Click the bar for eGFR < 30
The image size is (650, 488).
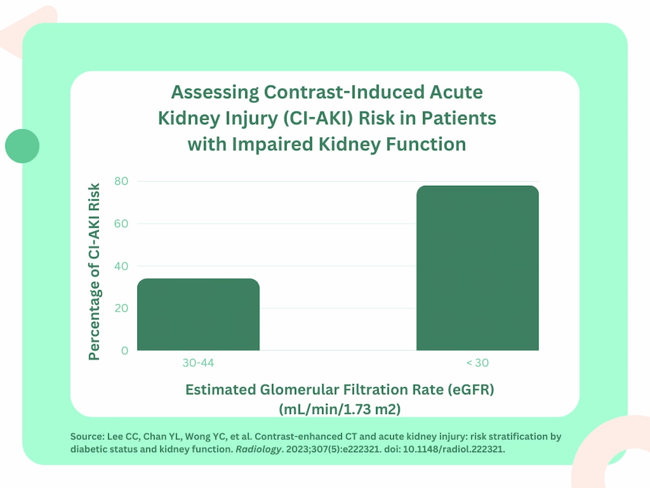[x=477, y=268]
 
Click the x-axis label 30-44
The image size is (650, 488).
[x=198, y=363]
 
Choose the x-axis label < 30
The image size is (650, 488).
[x=477, y=363]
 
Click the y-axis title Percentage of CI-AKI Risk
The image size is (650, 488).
[x=95, y=271]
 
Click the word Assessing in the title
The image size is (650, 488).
[x=209, y=93]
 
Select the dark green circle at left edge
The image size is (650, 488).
[x=22, y=146]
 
